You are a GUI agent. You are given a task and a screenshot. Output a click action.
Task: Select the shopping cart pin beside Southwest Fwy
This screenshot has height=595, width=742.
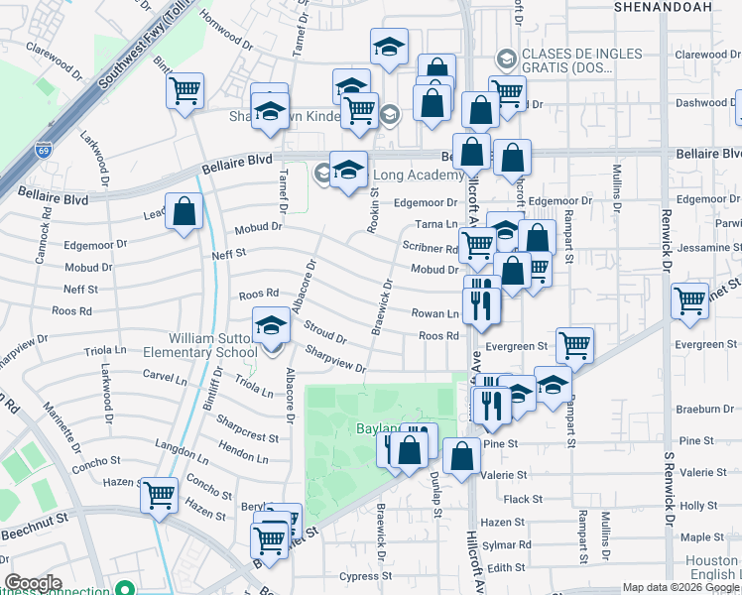[x=185, y=91]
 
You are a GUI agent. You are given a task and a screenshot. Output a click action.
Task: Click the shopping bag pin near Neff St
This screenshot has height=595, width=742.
[x=184, y=211]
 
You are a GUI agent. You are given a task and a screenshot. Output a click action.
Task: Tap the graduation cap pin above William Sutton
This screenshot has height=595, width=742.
[x=271, y=325]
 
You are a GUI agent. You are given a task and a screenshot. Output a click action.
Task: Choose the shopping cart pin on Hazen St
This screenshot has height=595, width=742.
[x=159, y=494]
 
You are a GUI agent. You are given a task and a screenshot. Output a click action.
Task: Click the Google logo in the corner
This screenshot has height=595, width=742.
[x=33, y=583]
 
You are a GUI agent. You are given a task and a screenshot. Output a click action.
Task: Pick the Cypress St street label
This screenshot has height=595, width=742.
[x=359, y=576]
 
